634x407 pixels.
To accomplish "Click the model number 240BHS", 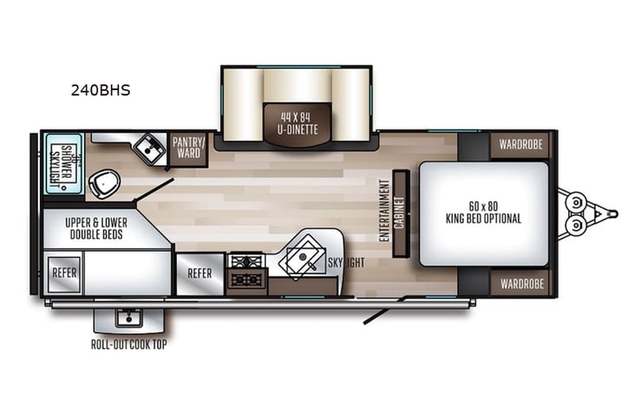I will pyautogui.click(x=101, y=89).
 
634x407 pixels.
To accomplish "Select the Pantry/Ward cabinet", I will pyautogui.click(x=187, y=147).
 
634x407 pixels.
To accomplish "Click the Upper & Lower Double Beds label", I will pyautogui.click(x=96, y=229).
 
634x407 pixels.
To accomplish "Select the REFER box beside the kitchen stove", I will pyautogui.click(x=199, y=272).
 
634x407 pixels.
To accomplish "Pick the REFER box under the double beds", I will pyautogui.click(x=65, y=272).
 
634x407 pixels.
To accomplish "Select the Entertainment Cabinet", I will pyautogui.click(x=400, y=213).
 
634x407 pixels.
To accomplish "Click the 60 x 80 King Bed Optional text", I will pyautogui.click(x=484, y=212).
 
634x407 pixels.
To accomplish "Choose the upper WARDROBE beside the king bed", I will pyautogui.click(x=520, y=144).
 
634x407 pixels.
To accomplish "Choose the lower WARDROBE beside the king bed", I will pyautogui.click(x=520, y=283).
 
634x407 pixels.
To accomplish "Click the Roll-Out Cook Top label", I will pyautogui.click(x=129, y=342).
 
